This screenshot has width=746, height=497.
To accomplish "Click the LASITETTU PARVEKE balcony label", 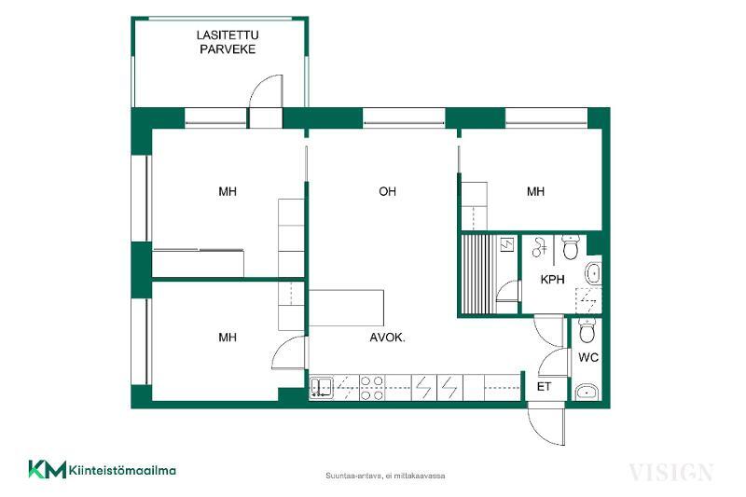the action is [x=228, y=42].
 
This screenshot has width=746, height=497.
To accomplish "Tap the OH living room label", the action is [x=387, y=192].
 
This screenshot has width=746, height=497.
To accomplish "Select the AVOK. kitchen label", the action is [x=387, y=338].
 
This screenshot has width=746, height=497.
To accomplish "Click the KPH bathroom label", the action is [x=552, y=279].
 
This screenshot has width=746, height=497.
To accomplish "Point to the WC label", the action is [x=588, y=357].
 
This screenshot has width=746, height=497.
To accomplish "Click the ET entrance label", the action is [x=544, y=387].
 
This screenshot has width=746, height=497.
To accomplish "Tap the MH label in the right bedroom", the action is [x=535, y=192].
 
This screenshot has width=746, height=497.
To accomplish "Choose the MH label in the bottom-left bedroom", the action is [x=228, y=338].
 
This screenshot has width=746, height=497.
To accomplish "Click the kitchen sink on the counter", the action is [x=322, y=387].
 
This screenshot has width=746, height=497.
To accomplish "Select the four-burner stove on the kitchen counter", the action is [x=371, y=388].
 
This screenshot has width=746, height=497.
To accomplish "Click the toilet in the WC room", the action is [x=587, y=330].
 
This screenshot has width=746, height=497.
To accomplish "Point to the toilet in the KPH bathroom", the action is [x=570, y=247].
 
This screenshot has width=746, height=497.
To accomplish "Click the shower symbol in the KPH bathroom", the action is [x=539, y=247].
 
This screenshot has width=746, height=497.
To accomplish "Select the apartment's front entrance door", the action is [x=546, y=424].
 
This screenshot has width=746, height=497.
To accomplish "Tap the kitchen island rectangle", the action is [x=346, y=308].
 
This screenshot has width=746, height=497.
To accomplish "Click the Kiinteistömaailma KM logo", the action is [x=103, y=470].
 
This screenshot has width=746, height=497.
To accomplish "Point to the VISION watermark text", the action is [x=670, y=472].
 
